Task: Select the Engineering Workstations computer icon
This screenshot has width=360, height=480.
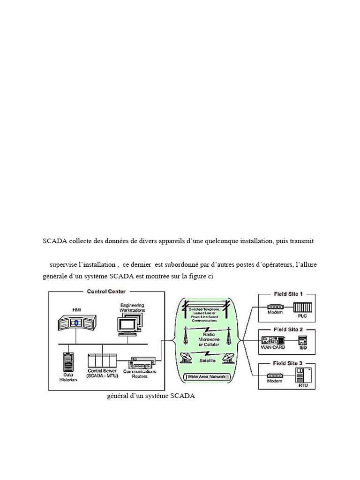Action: tap(129, 323)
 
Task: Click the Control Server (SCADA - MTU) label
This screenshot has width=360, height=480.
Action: tap(102, 373)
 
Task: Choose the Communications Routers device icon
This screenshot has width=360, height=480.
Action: tap(142, 362)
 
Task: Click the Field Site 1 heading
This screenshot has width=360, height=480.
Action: tap(288, 294)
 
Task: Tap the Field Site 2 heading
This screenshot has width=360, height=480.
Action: tap(288, 330)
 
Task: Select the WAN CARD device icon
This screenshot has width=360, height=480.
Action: tap(272, 341)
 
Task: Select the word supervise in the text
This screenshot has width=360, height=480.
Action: tap(65, 265)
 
